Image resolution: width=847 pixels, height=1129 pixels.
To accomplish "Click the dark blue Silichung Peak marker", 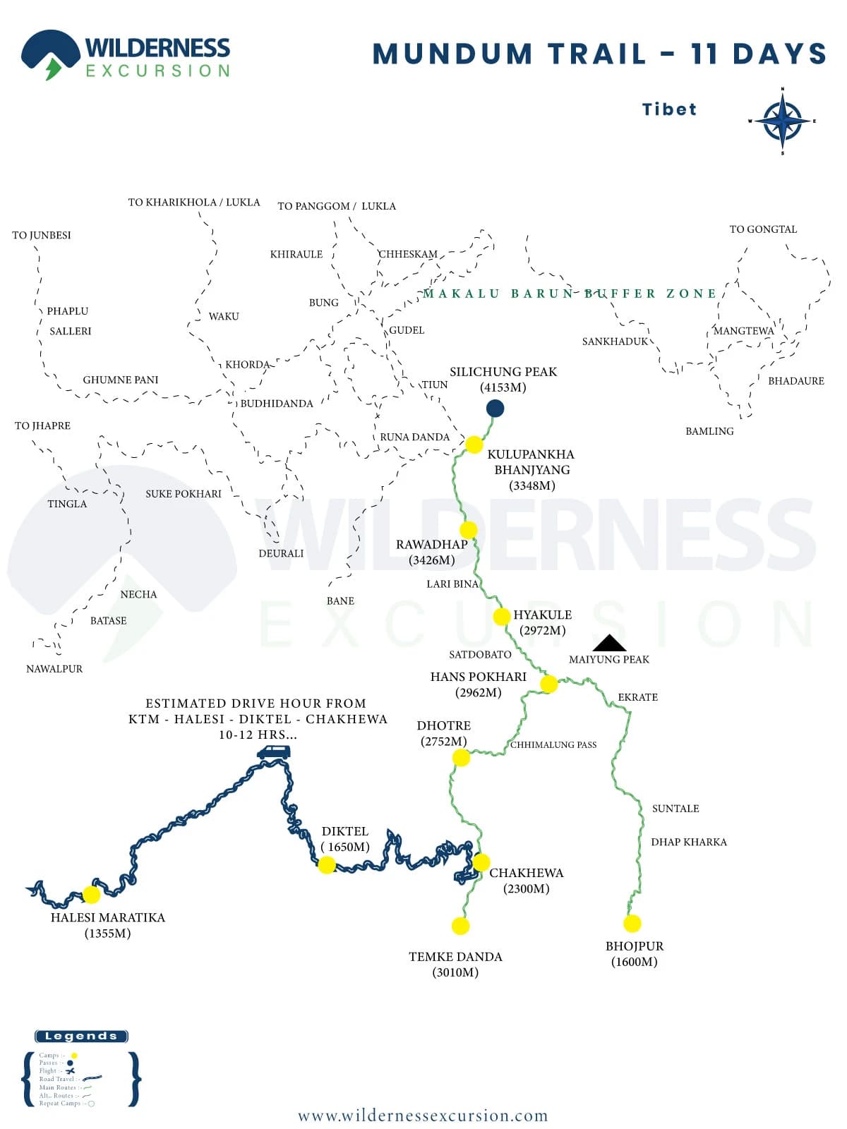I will coord(495,408).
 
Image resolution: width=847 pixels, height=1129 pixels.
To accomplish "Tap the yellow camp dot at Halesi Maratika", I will coord(91,895).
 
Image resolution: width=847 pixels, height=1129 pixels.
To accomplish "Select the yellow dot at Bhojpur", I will coord(632,923).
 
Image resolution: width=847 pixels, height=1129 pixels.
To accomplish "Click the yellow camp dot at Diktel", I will coord(327,864).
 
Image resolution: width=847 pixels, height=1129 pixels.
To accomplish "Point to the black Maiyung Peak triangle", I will coord(609,643).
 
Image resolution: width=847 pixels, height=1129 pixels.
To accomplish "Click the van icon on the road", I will coord(273,752).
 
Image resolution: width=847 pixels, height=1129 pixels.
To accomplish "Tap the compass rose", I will coord(782,121).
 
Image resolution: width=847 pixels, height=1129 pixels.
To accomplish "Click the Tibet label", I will coord(669,109).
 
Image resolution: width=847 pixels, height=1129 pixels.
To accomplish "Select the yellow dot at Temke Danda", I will coord(460,926).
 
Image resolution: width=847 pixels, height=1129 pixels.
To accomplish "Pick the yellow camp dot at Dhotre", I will coord(461,758).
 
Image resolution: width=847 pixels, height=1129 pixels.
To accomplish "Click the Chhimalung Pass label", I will coord(553,744).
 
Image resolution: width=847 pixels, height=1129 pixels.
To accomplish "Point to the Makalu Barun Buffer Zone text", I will coord(570,294).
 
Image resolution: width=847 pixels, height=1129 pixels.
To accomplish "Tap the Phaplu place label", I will coord(68,311).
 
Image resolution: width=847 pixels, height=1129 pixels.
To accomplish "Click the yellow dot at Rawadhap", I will coord(468,530).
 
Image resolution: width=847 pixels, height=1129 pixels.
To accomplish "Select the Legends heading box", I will coord(81,1036).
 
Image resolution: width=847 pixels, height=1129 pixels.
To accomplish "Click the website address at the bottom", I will coord(423,1116).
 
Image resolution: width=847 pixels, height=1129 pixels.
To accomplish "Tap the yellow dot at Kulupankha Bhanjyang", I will coord(474,445).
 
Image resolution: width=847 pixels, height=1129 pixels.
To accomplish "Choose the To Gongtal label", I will coord(763,229).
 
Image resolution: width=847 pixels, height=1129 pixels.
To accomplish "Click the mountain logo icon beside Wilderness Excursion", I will coord(50,54).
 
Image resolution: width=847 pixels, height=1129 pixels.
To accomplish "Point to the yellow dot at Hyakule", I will coord(502,617).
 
